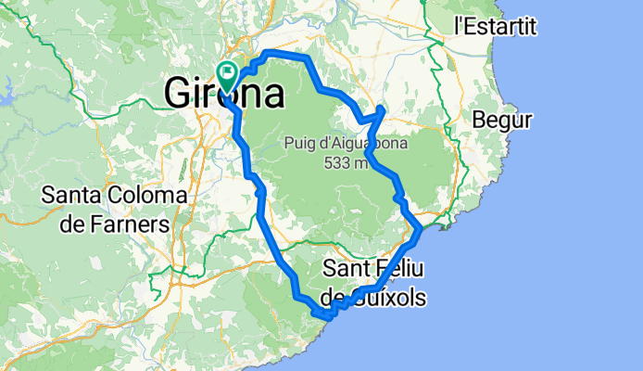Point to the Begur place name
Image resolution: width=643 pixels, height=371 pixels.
[501, 120]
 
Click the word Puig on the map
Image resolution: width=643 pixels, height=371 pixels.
[300, 143]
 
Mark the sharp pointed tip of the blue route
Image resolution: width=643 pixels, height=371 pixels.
[382, 109]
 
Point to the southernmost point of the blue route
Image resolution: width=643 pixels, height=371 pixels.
[324, 318]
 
